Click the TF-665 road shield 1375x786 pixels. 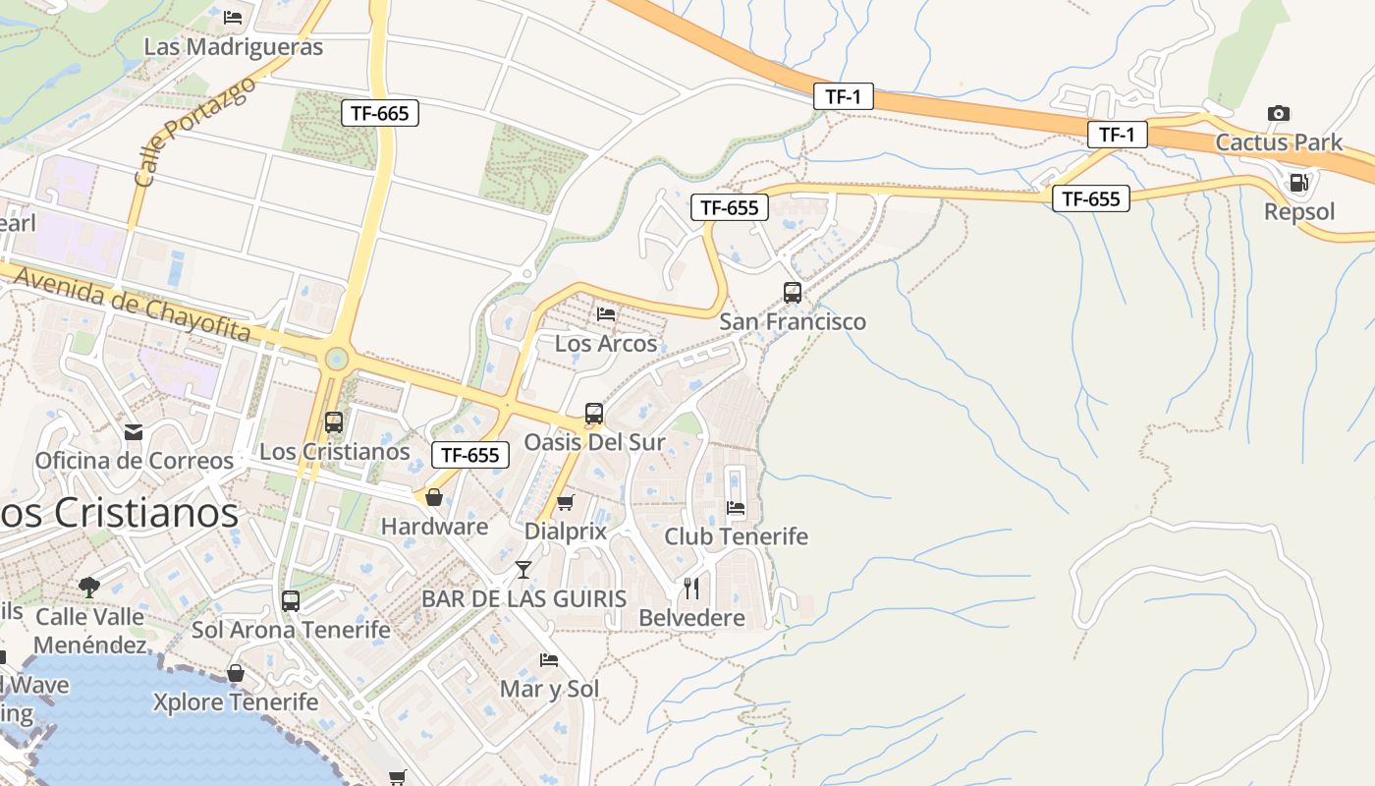[379, 113]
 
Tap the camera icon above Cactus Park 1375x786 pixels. [1278, 113]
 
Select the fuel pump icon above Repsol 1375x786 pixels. [1298, 182]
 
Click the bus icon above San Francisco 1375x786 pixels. [792, 292]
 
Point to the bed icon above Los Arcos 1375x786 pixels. [606, 314]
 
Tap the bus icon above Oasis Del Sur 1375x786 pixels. [593, 414]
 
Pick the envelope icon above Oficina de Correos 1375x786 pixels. [134, 431]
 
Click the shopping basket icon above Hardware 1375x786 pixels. [433, 497]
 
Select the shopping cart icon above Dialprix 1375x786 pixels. [565, 503]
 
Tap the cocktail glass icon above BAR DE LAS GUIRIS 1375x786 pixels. [523, 569]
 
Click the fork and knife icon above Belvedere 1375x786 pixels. [691, 589]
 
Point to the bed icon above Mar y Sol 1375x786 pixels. [549, 660]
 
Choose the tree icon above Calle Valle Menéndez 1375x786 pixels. [89, 588]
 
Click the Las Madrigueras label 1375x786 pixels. [233, 46]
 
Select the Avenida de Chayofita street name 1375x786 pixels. [133, 304]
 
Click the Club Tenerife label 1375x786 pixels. [736, 536]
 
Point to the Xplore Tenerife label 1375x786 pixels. [236, 702]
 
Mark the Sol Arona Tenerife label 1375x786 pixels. [291, 630]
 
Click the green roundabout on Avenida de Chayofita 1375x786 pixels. [337, 359]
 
